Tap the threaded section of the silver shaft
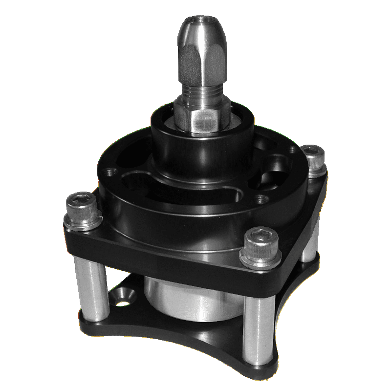(x=201, y=90)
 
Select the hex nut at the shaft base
(x=201, y=117)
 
